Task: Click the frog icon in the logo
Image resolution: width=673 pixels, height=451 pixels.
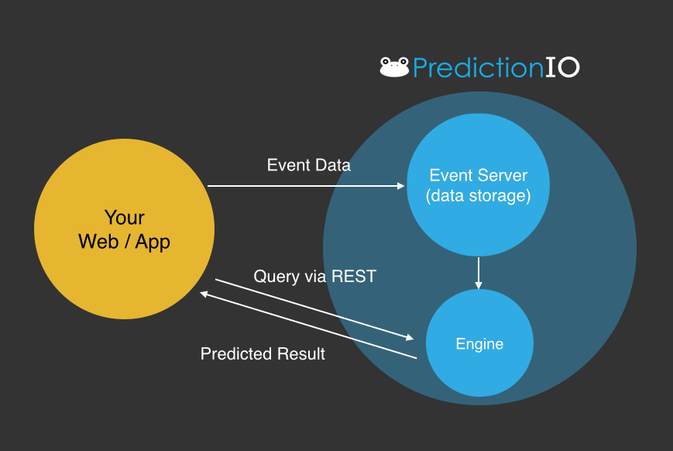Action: coord(394,67)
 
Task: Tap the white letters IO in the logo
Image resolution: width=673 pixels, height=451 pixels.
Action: coord(562,68)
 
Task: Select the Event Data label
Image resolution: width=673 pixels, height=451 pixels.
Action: coord(308,165)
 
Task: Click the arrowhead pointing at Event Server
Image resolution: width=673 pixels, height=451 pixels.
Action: coord(401,186)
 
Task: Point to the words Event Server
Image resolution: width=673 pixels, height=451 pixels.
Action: coord(478,175)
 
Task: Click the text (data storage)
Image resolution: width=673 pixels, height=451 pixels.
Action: coord(478,196)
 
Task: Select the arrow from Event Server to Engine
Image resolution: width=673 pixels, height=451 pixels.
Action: coord(479,274)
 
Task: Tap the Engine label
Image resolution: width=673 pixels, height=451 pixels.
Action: coord(479,344)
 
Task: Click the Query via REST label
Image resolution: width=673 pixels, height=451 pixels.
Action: coord(314,276)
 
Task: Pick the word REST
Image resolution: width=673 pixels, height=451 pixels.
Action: coord(354,276)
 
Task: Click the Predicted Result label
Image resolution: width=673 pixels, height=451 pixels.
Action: coord(263,354)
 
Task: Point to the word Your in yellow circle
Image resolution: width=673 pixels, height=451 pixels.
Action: coord(125,217)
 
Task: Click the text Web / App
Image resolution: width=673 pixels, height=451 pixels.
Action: coord(124,242)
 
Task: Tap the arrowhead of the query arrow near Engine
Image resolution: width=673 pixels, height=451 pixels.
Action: coord(410,338)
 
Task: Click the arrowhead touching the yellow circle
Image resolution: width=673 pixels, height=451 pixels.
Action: coord(204,294)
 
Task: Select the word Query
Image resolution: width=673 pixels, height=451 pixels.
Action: coord(276,277)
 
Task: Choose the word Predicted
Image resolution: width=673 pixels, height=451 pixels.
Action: coord(236,354)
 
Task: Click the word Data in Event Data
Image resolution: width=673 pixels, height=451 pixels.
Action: coord(333,165)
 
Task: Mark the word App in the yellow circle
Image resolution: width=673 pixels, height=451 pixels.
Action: coord(153,243)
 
